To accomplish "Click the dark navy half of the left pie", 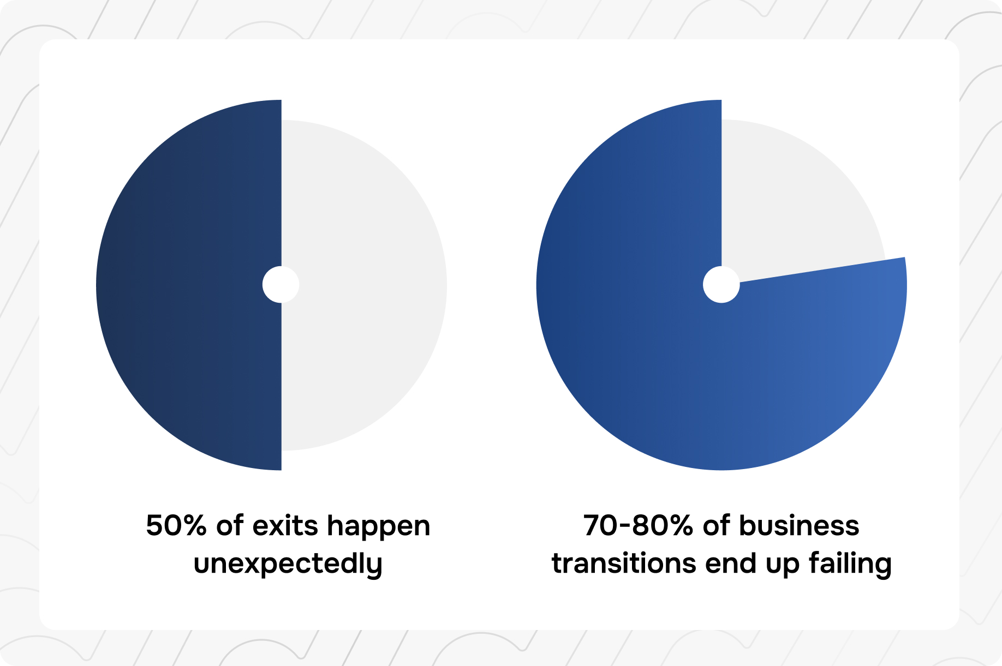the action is pos(188,285).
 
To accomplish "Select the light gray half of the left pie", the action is pos(364,285).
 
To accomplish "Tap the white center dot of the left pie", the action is pos(281,285).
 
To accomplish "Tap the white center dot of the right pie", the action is pos(721,285).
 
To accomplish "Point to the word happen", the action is pos(379,527).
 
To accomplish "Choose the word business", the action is pos(799,526).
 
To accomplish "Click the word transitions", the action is pos(624,563).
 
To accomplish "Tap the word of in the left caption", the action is pos(230,526).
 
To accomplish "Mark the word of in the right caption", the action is pos(717,526).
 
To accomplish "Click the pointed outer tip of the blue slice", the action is pos(904,257).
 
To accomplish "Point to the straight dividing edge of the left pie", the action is pos(282,285).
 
